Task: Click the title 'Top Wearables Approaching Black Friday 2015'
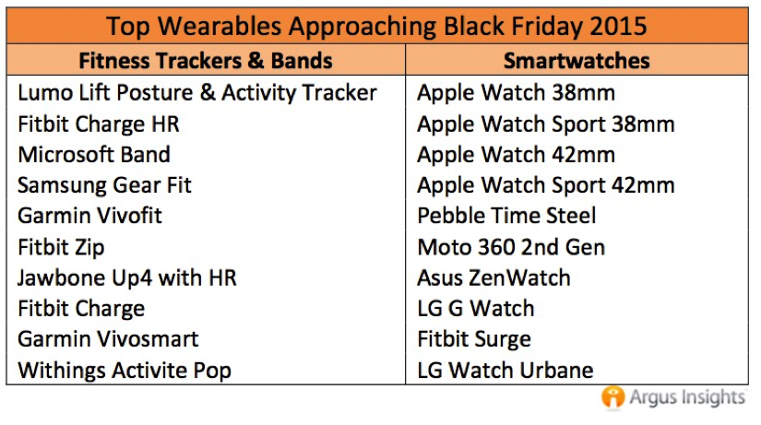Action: (x=376, y=26)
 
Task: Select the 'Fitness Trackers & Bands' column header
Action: (x=206, y=61)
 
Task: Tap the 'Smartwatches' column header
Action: (x=577, y=61)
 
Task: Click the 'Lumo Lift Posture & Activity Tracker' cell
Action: (x=197, y=93)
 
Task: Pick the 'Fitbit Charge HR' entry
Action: (x=99, y=124)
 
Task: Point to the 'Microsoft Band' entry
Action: (x=94, y=155)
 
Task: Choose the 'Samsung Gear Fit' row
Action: (x=105, y=185)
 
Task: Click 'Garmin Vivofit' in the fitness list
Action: (x=89, y=216)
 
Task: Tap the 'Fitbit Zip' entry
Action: (x=61, y=247)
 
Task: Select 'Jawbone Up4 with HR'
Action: (x=127, y=278)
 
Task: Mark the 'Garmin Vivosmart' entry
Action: (x=108, y=339)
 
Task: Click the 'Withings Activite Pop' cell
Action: (x=125, y=371)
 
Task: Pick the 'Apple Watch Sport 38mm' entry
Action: (x=546, y=124)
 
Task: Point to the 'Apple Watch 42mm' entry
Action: (x=516, y=155)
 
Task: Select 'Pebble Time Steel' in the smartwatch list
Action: (x=506, y=216)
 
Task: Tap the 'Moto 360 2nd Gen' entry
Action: (x=511, y=247)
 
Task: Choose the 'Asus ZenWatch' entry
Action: (x=493, y=278)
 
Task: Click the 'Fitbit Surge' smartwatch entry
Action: (x=474, y=339)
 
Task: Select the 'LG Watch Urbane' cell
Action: (x=505, y=371)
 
